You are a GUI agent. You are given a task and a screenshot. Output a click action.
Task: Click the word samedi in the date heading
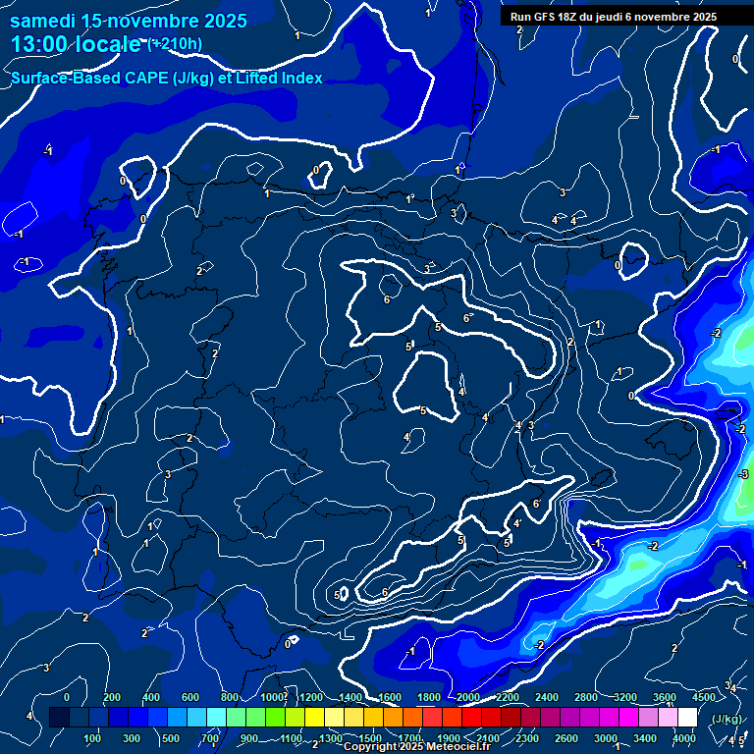[x=43, y=21]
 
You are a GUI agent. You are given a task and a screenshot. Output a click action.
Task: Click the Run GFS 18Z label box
[x=614, y=17]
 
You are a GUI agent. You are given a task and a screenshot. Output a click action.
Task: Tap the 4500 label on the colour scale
[x=703, y=697]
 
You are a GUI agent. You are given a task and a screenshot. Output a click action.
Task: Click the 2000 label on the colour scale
[x=468, y=697]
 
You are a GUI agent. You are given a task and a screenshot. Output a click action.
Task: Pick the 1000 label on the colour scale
[x=272, y=697]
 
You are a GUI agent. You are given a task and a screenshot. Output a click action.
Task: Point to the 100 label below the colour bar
[x=93, y=738]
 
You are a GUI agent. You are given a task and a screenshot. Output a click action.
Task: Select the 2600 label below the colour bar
[x=565, y=738]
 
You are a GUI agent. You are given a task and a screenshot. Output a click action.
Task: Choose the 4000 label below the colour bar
[x=684, y=738]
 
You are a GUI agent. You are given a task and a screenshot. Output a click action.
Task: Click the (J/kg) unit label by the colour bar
[x=727, y=719]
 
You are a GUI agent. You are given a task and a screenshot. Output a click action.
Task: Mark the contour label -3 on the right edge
[x=744, y=475]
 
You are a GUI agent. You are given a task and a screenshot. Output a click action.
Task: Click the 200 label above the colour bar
[x=112, y=697]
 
